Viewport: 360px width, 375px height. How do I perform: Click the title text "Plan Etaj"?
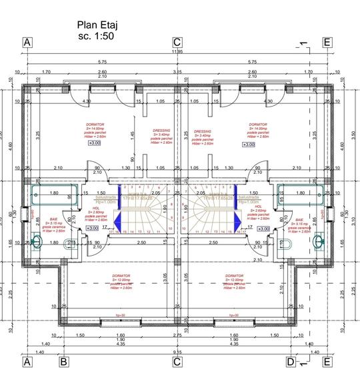click(97, 25)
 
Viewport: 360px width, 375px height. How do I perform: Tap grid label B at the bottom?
click(64, 362)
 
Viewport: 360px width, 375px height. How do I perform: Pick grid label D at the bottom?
click(291, 362)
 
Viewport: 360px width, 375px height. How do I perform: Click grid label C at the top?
click(177, 42)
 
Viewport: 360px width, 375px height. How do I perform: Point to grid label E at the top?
click(327, 42)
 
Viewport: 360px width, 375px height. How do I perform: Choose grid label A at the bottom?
click(27, 362)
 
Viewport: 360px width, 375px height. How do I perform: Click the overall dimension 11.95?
click(177, 51)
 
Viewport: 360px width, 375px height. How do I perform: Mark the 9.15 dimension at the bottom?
click(177, 351)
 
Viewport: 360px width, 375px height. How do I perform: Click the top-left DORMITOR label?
click(95, 125)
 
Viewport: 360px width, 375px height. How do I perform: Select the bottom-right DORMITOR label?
click(234, 275)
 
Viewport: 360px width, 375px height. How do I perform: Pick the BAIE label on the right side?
click(299, 218)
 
